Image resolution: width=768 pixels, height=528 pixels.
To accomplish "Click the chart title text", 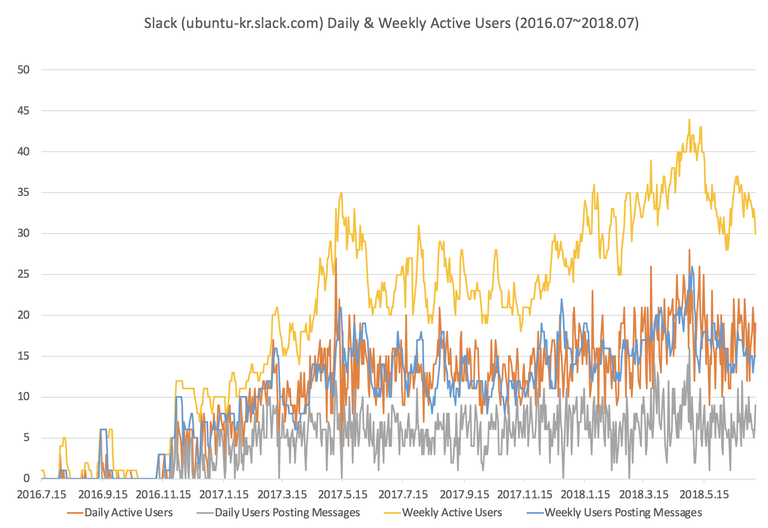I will click(391, 23).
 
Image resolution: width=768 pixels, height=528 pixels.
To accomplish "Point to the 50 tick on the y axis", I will click(23, 70).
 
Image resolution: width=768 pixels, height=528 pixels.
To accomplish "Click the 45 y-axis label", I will click(23, 111).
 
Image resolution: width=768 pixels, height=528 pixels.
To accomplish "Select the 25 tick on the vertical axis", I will click(23, 274).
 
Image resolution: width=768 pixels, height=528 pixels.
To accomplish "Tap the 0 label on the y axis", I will click(27, 478).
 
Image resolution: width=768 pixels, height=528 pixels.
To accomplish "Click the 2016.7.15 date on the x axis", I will click(41, 495).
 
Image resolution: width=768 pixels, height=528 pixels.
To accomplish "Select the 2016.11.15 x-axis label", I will click(163, 495).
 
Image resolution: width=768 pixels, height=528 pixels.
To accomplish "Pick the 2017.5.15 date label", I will click(343, 495).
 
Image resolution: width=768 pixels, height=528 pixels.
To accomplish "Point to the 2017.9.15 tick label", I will click(464, 495).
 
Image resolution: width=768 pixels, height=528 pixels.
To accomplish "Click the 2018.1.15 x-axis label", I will click(585, 495).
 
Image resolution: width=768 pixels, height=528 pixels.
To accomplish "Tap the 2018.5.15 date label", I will click(704, 495).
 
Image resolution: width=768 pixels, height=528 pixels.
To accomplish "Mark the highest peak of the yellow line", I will click(689, 119).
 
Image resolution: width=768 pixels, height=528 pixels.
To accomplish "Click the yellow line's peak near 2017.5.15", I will click(341, 193).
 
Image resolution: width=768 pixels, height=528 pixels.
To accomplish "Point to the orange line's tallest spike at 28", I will click(689, 250).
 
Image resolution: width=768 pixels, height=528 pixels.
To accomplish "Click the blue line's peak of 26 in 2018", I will click(692, 267).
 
